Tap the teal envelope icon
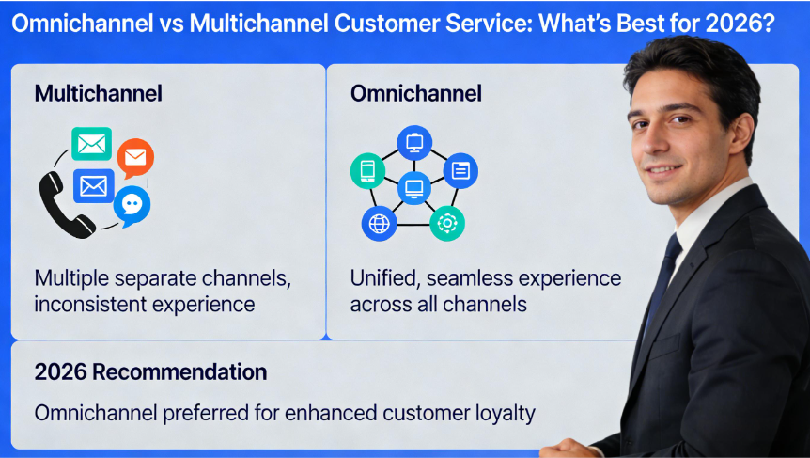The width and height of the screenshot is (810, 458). pyautogui.click(x=92, y=144)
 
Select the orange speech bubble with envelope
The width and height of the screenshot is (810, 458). pyautogui.click(x=135, y=157)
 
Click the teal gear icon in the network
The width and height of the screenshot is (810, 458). pyautogui.click(x=447, y=223)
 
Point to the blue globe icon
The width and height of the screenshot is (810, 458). pyautogui.click(x=379, y=223)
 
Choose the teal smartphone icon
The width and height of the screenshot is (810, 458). pyautogui.click(x=367, y=170)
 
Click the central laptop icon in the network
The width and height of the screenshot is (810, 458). pyautogui.click(x=413, y=187)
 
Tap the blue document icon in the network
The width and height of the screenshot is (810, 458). pyautogui.click(x=460, y=170)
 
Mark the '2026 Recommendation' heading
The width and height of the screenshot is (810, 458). pyautogui.click(x=150, y=371)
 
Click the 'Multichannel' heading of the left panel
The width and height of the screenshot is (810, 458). pyautogui.click(x=98, y=93)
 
